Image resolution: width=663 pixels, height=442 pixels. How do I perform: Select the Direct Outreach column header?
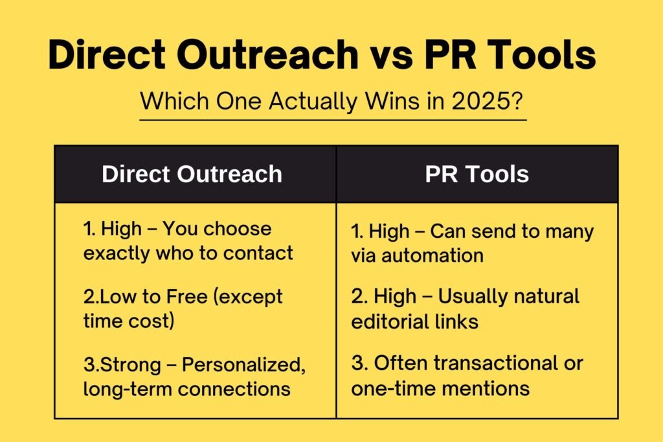[192, 174]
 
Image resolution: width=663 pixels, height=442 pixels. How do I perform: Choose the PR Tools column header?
[477, 174]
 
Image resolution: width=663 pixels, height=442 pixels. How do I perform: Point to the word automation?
[432, 256]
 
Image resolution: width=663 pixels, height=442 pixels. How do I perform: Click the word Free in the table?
[186, 296]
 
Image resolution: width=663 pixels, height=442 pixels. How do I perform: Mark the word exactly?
[117, 254]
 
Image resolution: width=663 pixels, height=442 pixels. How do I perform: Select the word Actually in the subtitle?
[313, 102]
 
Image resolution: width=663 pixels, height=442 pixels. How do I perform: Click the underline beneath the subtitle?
[333, 121]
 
